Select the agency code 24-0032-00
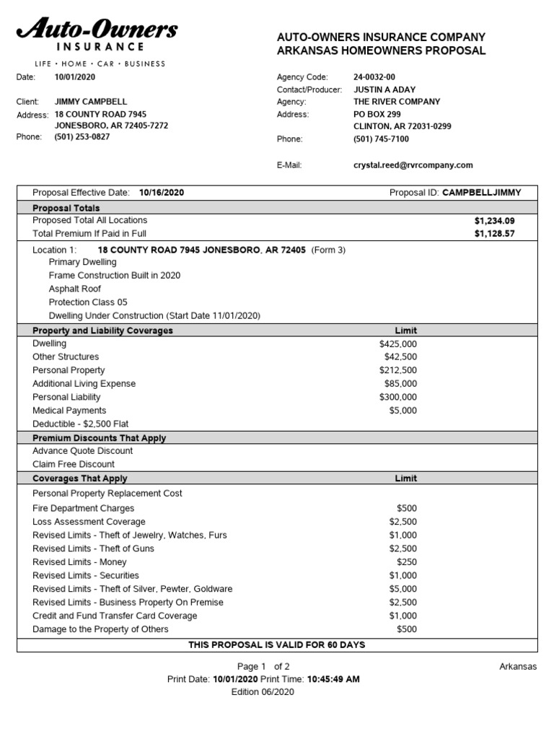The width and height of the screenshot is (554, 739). pyautogui.click(x=374, y=76)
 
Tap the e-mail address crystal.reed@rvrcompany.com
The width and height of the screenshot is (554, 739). pyautogui.click(x=413, y=165)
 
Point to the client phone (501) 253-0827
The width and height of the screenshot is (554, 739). pyautogui.click(x=82, y=137)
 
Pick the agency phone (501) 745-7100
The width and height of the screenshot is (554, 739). pyautogui.click(x=381, y=139)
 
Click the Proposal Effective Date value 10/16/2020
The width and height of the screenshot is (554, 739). pyautogui.click(x=162, y=193)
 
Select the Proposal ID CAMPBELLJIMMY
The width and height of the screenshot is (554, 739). pyautogui.click(x=481, y=193)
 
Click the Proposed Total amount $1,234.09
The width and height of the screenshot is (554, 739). pyautogui.click(x=494, y=220)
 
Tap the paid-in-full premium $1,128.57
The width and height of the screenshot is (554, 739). pyautogui.click(x=494, y=234)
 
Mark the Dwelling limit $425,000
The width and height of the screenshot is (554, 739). pyautogui.click(x=397, y=344)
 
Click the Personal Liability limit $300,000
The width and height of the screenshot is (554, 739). pyautogui.click(x=397, y=397)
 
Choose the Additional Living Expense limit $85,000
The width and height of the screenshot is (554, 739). pyautogui.click(x=400, y=384)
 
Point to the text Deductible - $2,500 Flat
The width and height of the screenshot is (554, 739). pyautogui.click(x=80, y=424)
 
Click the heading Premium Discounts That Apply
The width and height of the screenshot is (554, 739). pyautogui.click(x=99, y=438)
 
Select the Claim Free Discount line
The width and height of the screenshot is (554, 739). pyautogui.click(x=74, y=464)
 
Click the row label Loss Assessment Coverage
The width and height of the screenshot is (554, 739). pyautogui.click(x=89, y=522)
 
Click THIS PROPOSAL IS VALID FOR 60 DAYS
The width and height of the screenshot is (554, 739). pyautogui.click(x=277, y=644)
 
